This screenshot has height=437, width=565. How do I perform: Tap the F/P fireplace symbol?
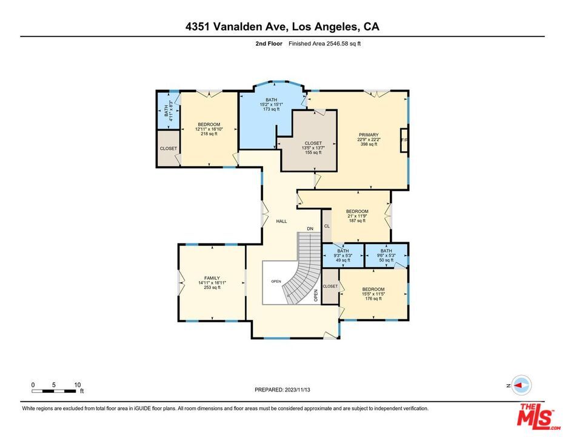point(404,140)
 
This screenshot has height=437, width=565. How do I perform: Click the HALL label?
point(281,221)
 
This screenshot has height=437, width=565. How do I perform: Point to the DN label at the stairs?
point(310,228)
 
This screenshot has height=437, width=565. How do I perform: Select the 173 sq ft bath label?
point(271,104)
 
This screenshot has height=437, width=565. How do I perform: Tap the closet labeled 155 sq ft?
point(313,147)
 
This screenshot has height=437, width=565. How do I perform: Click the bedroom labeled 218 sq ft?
point(209,129)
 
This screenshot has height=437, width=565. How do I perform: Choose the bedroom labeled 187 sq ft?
point(357,216)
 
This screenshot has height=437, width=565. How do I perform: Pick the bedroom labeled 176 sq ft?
point(373,294)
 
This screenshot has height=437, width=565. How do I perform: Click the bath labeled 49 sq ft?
point(343,256)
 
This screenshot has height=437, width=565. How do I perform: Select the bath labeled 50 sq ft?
point(386,256)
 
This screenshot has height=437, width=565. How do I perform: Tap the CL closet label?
point(327,226)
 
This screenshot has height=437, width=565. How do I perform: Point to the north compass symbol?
point(521,385)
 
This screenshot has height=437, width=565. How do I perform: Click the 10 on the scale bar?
point(78,385)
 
